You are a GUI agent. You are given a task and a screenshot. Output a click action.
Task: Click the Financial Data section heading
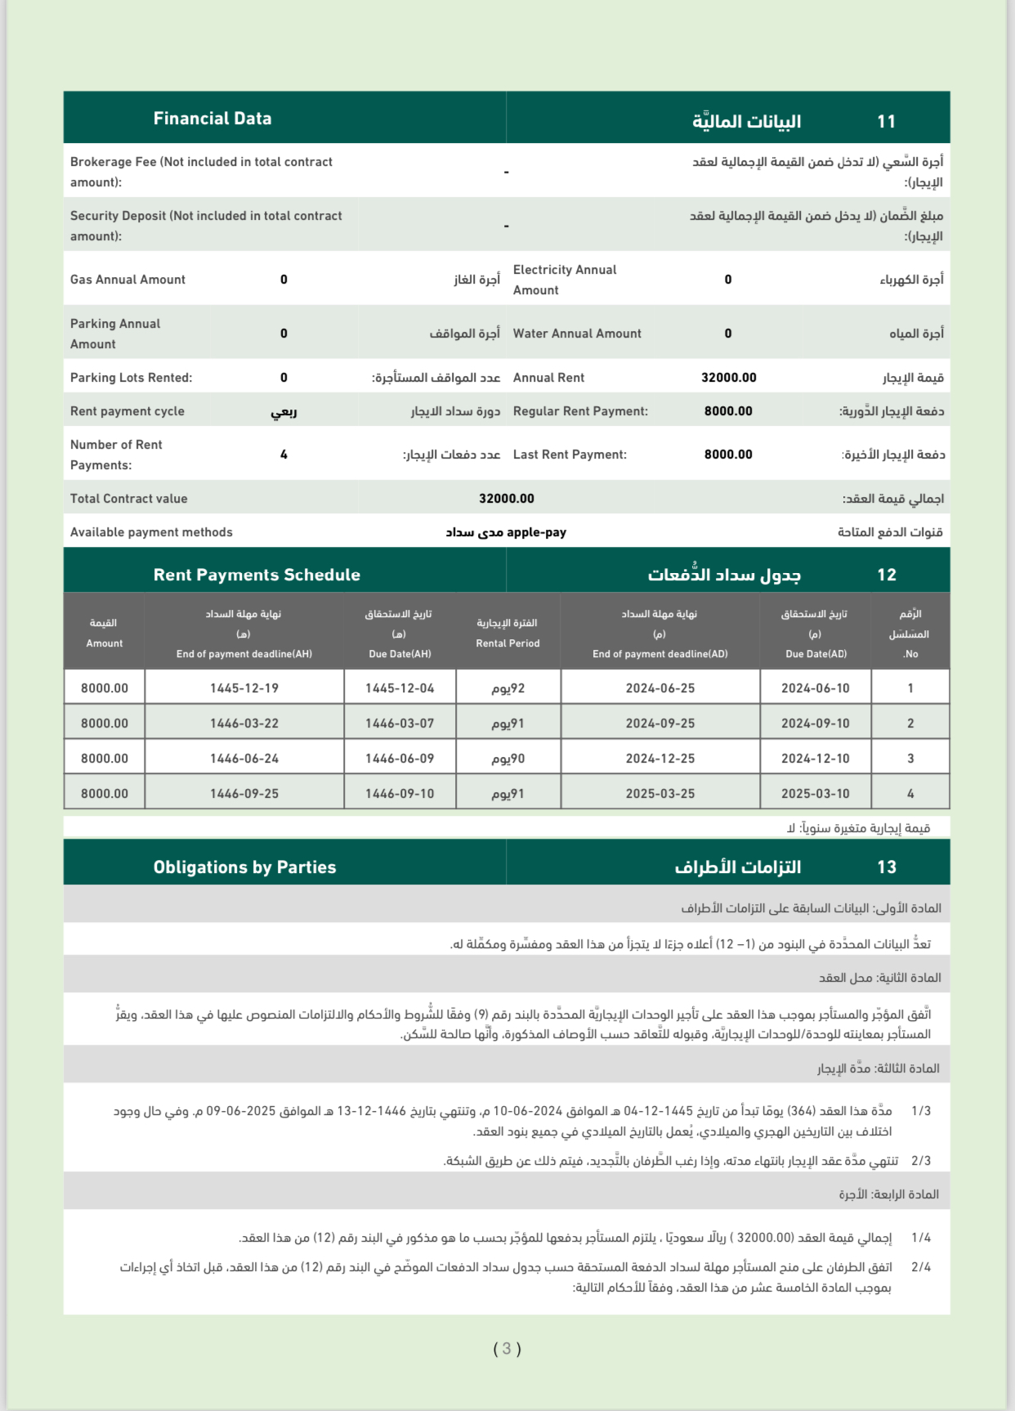tap(212, 119)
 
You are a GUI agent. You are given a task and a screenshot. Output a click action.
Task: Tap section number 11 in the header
tap(886, 122)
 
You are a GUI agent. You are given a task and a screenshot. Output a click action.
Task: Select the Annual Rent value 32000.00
tap(728, 378)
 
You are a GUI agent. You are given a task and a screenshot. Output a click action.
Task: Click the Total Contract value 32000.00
tap(507, 499)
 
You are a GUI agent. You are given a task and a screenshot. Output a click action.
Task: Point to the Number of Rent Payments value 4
tap(284, 455)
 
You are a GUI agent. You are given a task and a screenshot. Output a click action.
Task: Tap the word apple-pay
tap(537, 532)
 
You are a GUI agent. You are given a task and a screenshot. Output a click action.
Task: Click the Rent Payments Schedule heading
tap(257, 575)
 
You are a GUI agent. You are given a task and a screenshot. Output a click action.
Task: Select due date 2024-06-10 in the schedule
tap(815, 688)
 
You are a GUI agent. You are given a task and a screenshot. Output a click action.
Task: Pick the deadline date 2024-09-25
tap(660, 723)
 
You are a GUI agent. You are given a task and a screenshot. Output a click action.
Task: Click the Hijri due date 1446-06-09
tap(400, 759)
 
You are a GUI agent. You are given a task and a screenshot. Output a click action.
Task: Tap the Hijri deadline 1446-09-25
tap(244, 794)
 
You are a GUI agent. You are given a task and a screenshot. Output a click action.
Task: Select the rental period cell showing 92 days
tap(507, 688)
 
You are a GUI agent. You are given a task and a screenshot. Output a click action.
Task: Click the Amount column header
tap(105, 633)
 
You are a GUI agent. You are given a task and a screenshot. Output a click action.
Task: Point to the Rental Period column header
tap(507, 633)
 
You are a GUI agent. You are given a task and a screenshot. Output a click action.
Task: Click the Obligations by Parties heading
tap(244, 867)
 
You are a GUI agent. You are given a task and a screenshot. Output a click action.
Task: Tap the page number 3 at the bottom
tap(507, 1349)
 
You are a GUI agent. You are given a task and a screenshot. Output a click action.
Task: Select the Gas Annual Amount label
tap(128, 280)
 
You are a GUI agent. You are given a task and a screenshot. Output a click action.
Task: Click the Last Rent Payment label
tap(570, 455)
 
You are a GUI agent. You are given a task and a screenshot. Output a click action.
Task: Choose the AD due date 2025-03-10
tap(815, 794)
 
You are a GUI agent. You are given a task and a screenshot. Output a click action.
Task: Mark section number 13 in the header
tap(887, 867)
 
